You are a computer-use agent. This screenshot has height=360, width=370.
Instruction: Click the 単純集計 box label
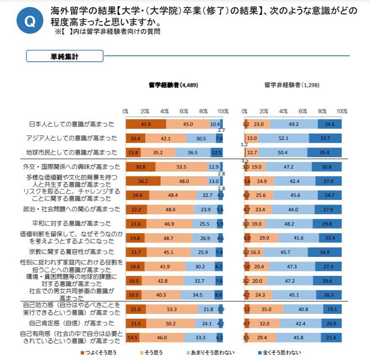(65, 56)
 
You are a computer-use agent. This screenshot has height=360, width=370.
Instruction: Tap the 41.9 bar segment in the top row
(146, 124)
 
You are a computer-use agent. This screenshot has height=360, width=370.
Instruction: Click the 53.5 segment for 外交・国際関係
(182, 167)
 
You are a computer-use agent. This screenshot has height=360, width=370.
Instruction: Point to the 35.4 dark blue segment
(324, 153)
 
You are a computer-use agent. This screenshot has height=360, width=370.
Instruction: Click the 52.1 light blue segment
(283, 138)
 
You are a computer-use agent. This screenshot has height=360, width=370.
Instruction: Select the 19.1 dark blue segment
(332, 309)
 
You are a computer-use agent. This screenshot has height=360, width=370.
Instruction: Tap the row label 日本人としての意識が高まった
(71, 124)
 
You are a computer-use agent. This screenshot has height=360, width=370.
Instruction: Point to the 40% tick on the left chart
(164, 112)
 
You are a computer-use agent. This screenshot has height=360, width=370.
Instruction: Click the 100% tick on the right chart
(342, 112)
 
